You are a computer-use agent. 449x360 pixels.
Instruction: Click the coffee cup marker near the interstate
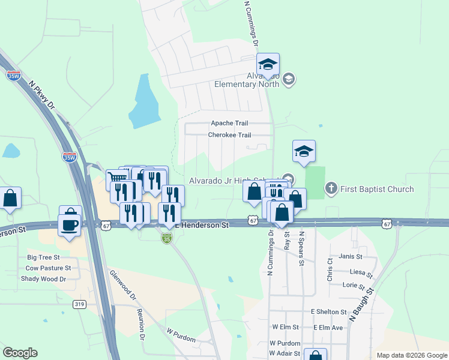point(70,224)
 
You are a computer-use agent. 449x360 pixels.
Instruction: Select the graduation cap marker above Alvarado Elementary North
point(268,64)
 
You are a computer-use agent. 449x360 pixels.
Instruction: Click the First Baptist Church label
point(377,189)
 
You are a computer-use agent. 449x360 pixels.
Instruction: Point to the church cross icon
point(331,189)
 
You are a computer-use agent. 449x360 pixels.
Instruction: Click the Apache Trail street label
point(229,123)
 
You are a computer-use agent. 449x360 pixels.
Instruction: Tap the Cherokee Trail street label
point(229,135)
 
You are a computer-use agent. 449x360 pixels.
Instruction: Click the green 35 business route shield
point(166,238)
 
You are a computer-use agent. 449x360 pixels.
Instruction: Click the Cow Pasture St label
point(48,268)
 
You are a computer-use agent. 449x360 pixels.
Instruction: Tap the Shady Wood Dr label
point(43,278)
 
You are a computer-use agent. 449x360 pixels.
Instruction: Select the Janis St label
point(351,256)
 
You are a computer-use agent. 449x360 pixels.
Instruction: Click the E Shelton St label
point(329,312)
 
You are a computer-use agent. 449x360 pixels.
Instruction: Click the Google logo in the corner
point(19,353)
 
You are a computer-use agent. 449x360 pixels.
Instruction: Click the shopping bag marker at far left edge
point(10,197)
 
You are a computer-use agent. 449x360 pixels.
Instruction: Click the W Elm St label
point(285,328)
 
